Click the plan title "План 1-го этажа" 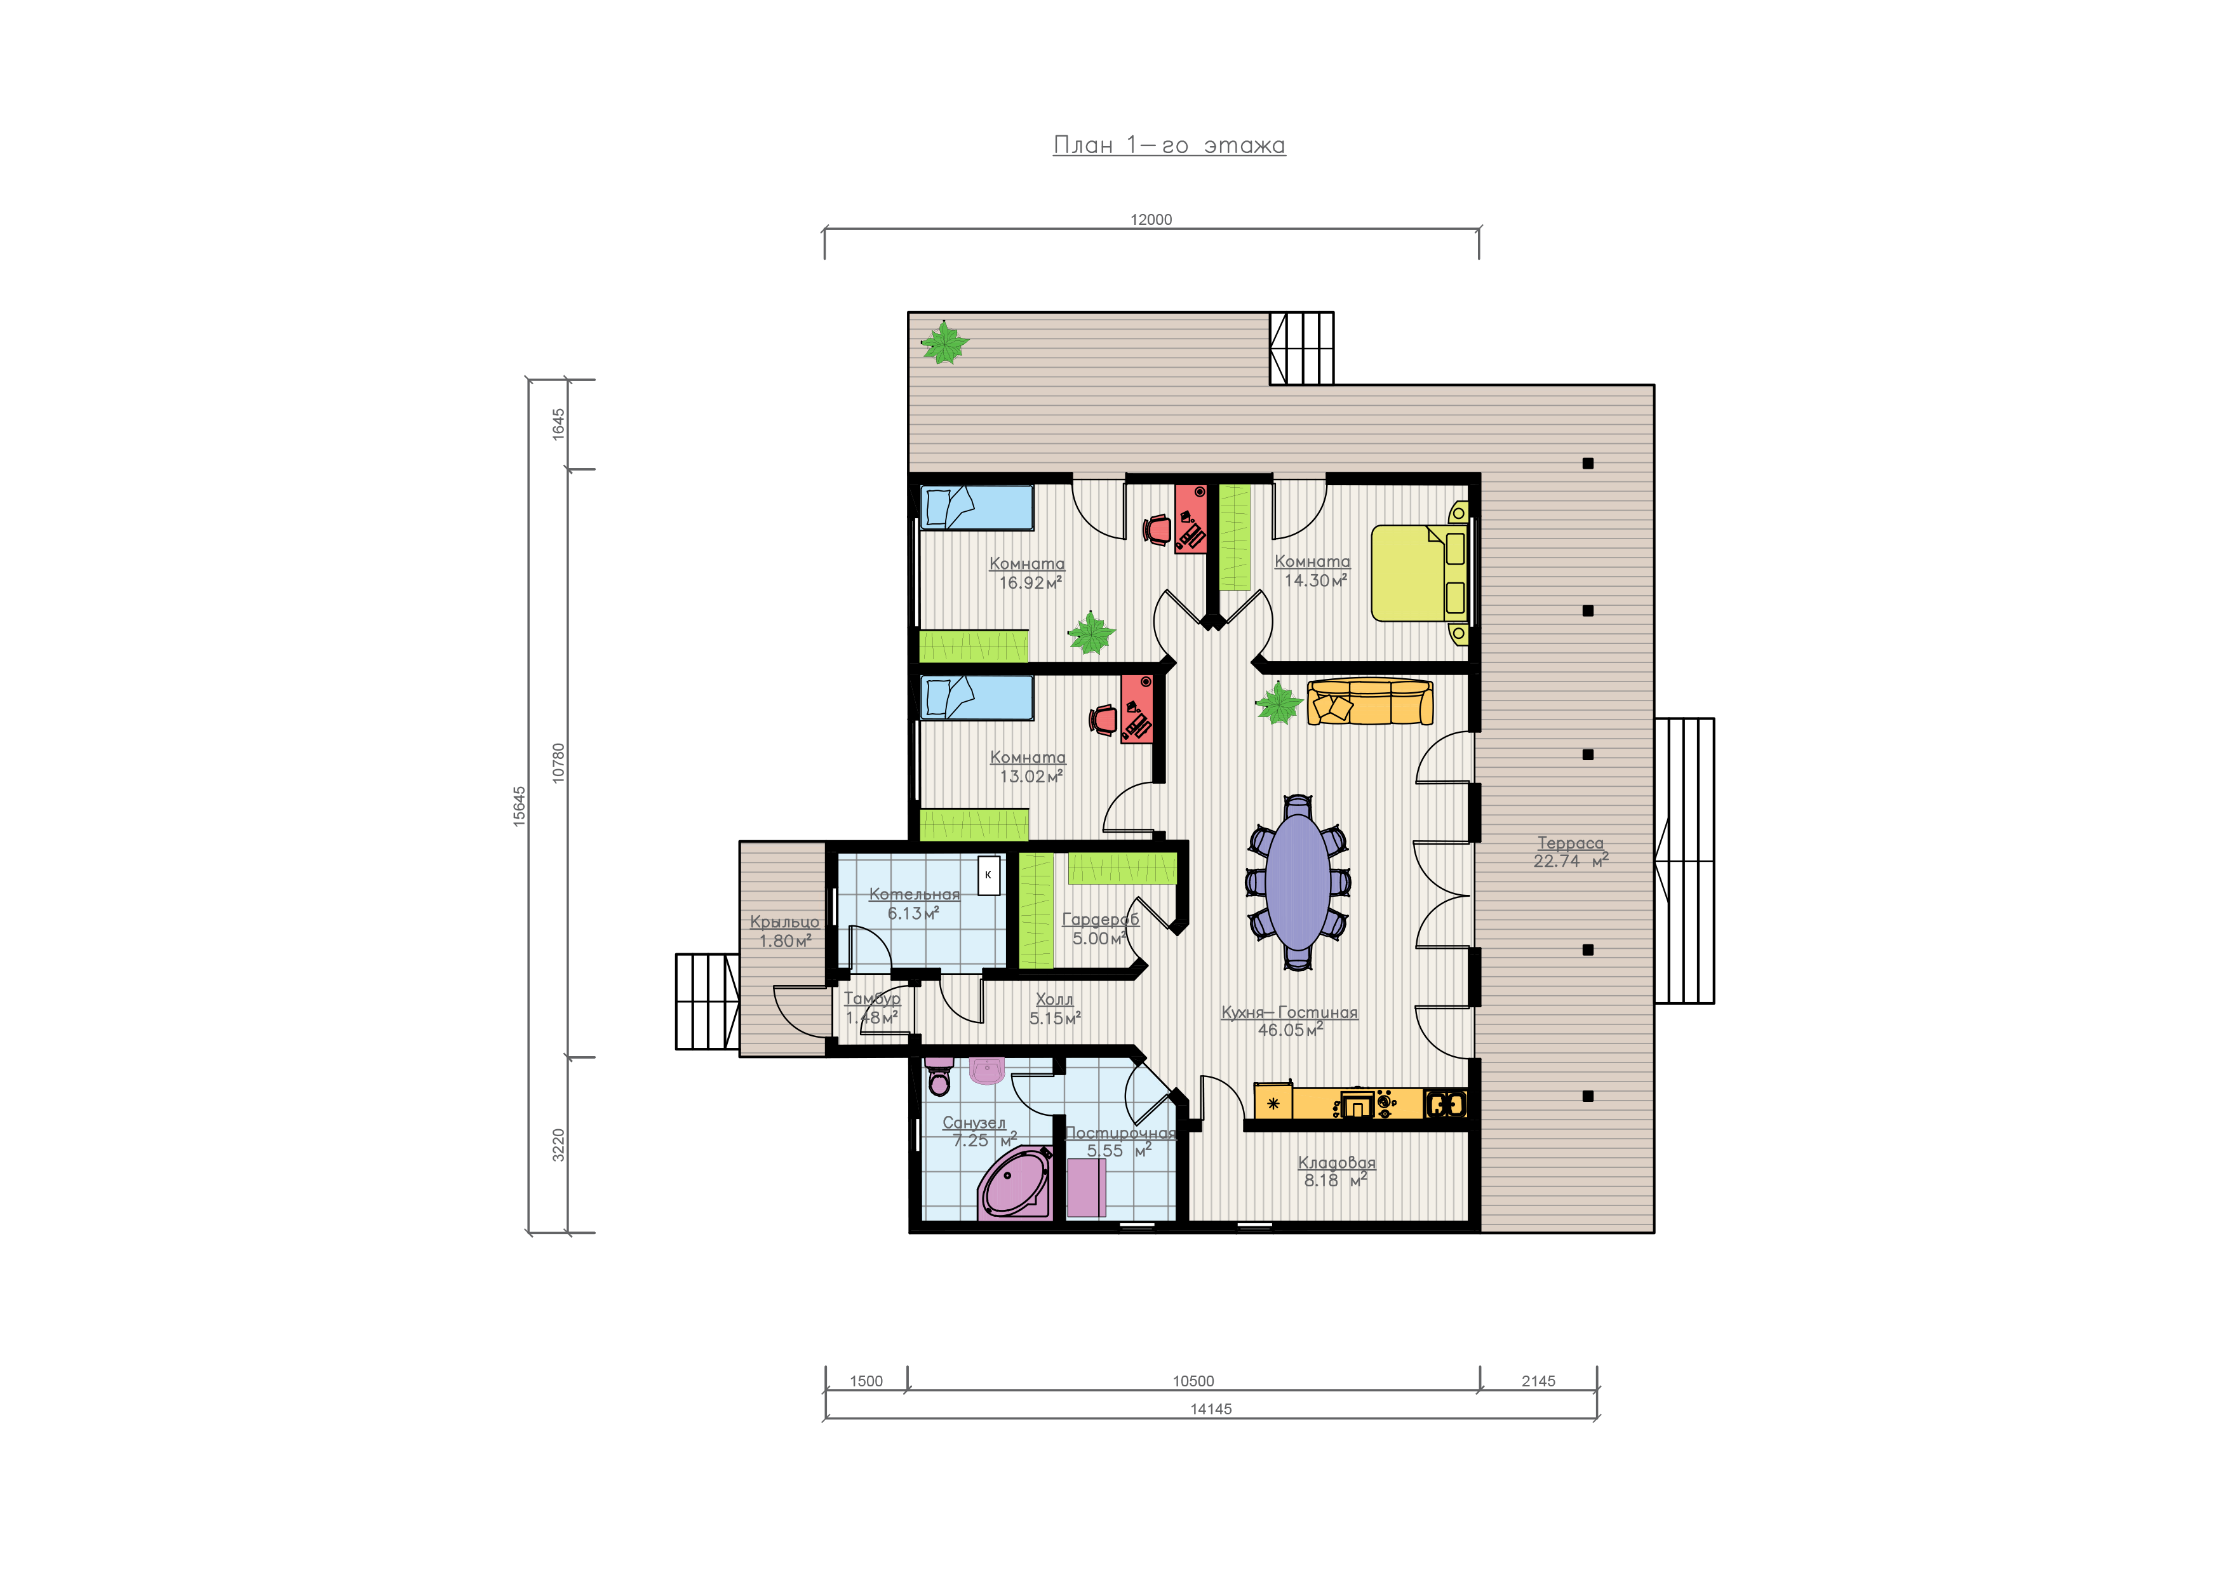(x=1169, y=145)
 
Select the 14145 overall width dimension (x=1211, y=1409)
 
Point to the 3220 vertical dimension (x=558, y=1145)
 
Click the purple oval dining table (x=1298, y=882)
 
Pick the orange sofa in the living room (x=1370, y=702)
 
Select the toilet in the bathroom (x=939, y=1076)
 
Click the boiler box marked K (x=988, y=875)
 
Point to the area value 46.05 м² (x=1291, y=1029)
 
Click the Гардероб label (x=1101, y=919)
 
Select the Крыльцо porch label (x=784, y=922)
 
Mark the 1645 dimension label (x=558, y=424)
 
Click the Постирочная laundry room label (x=1120, y=1132)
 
